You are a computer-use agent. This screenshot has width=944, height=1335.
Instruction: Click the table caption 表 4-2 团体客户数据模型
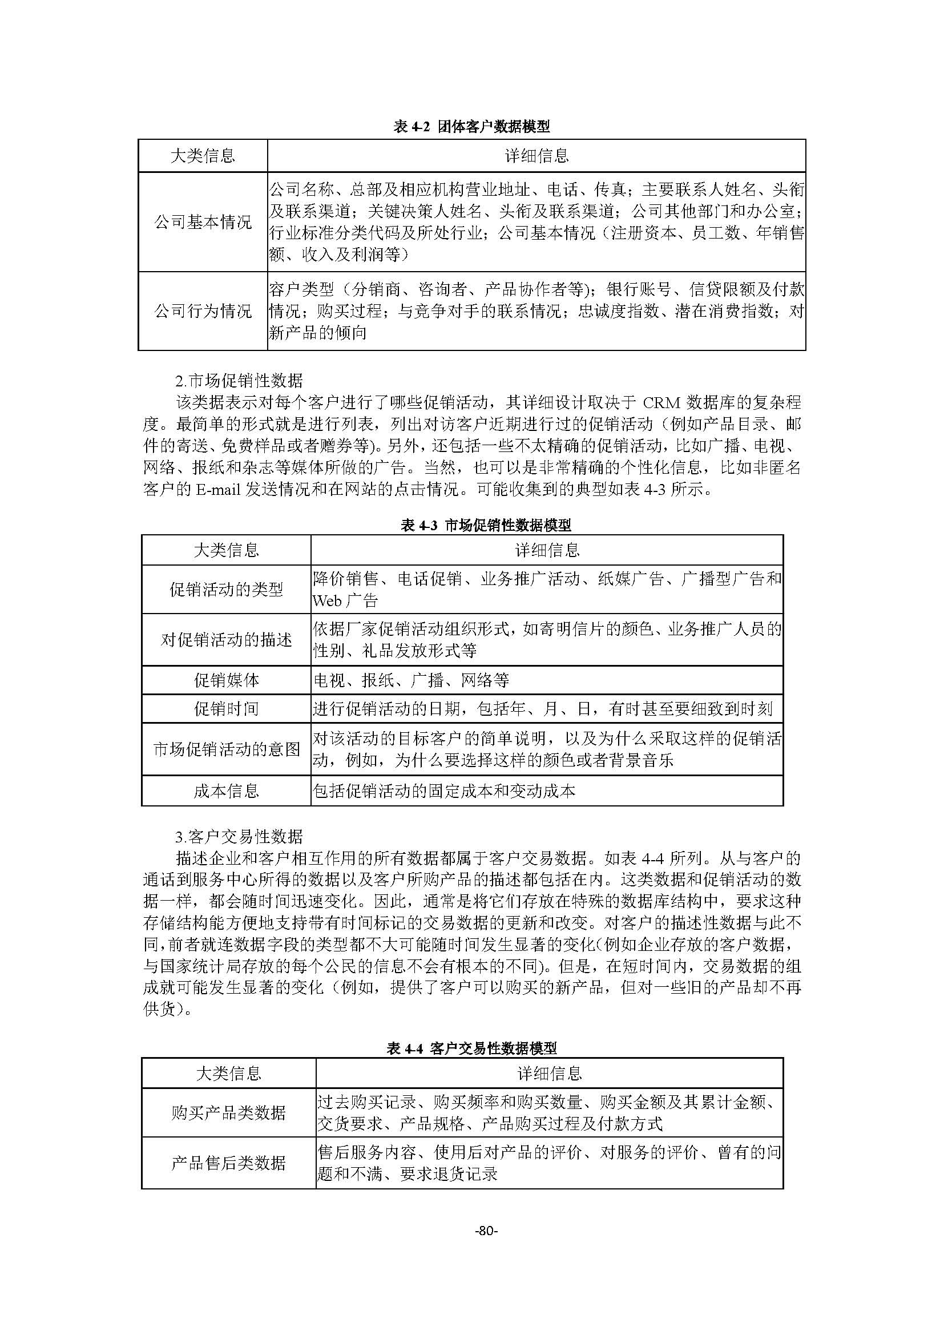471,126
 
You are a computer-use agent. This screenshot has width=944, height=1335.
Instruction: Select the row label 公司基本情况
203,222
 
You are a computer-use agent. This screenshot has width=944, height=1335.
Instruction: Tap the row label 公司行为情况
203,311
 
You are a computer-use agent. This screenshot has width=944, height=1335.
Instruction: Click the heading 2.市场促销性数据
239,381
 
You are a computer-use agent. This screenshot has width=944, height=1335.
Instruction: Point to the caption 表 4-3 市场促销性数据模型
486,526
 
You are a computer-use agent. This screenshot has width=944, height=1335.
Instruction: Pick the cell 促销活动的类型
226,590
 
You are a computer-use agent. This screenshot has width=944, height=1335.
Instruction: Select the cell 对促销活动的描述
226,640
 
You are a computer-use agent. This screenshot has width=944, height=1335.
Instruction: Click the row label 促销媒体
226,680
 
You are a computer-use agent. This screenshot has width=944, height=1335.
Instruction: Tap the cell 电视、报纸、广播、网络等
411,680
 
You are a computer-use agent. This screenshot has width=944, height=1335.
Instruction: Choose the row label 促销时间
226,709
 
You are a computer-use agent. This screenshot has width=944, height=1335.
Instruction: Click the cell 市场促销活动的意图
226,749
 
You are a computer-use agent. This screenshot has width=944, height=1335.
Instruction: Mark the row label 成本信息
226,790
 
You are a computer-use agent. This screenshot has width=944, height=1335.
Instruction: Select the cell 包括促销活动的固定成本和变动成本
444,790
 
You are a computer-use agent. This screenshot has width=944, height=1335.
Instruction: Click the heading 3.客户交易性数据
239,837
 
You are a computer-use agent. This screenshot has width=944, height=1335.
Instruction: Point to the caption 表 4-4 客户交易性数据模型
471,1048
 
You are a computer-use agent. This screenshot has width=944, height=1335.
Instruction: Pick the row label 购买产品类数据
228,1113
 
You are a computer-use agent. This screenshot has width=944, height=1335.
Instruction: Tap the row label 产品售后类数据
228,1163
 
